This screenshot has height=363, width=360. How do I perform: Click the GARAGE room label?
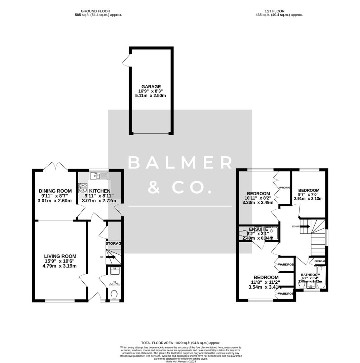[151, 87]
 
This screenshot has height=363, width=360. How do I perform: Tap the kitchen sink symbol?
[99, 176]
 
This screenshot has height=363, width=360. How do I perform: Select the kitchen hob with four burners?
[83, 188]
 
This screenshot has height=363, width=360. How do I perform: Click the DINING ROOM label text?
[55, 191]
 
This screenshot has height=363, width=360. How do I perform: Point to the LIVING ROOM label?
[60, 256]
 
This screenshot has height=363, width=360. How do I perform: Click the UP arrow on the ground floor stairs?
[111, 257]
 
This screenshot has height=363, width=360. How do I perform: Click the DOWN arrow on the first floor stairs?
[305, 227]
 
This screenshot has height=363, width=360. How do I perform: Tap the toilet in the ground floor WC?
[114, 294]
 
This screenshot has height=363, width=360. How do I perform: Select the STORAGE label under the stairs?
[114, 243]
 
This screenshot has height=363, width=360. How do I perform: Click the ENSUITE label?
[258, 229]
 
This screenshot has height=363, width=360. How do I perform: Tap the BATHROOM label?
[311, 275]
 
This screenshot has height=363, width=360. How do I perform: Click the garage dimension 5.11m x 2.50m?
[151, 95]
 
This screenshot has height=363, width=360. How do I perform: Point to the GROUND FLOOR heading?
[95, 11]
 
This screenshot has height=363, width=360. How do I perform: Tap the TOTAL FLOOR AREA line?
[181, 343]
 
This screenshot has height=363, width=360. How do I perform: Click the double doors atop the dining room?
[55, 166]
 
